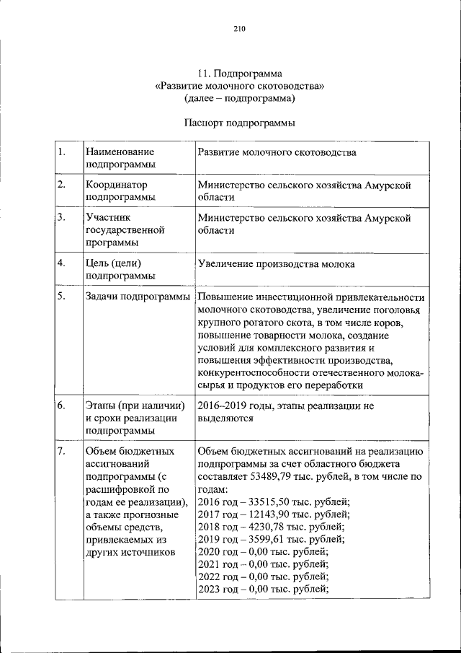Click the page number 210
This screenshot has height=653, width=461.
pyautogui.click(x=240, y=29)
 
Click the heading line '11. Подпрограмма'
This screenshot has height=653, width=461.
pyautogui.click(x=240, y=73)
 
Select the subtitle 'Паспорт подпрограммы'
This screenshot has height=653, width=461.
pyautogui.click(x=240, y=123)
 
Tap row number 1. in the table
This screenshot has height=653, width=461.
pyautogui.click(x=63, y=152)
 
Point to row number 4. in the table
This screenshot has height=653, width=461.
pyautogui.click(x=63, y=263)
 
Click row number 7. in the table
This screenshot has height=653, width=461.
pyautogui.click(x=63, y=451)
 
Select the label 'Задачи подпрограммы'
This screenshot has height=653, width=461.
pyautogui.click(x=138, y=297)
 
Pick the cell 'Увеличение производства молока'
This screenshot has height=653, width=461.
pyautogui.click(x=276, y=264)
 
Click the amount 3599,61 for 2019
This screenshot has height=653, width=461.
pyautogui.click(x=266, y=538)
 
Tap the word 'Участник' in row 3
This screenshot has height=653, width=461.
pyautogui.click(x=107, y=216)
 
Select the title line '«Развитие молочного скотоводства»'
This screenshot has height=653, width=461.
pyautogui.click(x=240, y=85)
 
